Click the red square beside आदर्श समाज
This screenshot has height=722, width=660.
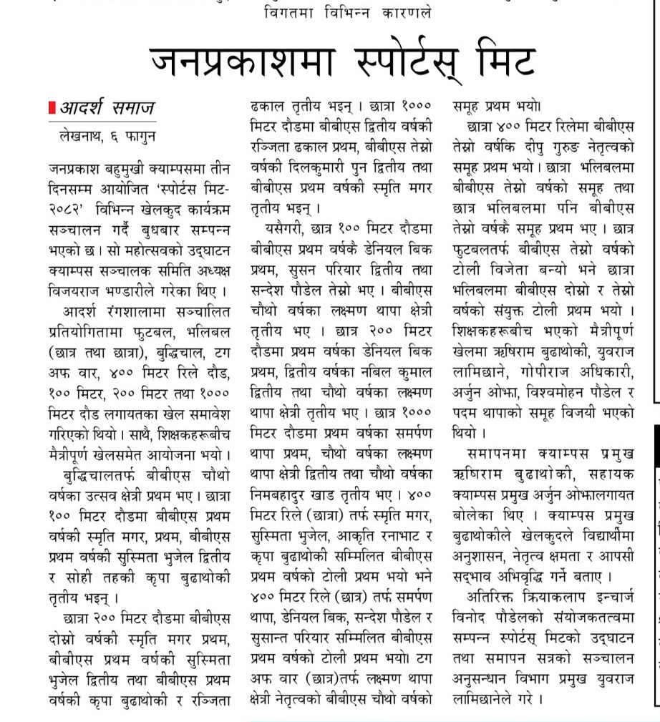[x=52, y=108]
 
